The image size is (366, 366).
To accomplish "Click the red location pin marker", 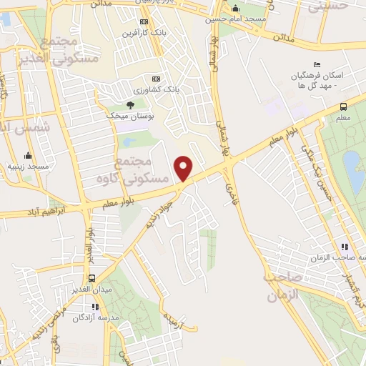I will click(x=184, y=167).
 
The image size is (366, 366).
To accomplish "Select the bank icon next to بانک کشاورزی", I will click(x=156, y=78).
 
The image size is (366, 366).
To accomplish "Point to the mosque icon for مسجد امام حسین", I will click(x=236, y=9).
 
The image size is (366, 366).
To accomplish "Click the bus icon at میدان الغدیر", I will click(x=92, y=278).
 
